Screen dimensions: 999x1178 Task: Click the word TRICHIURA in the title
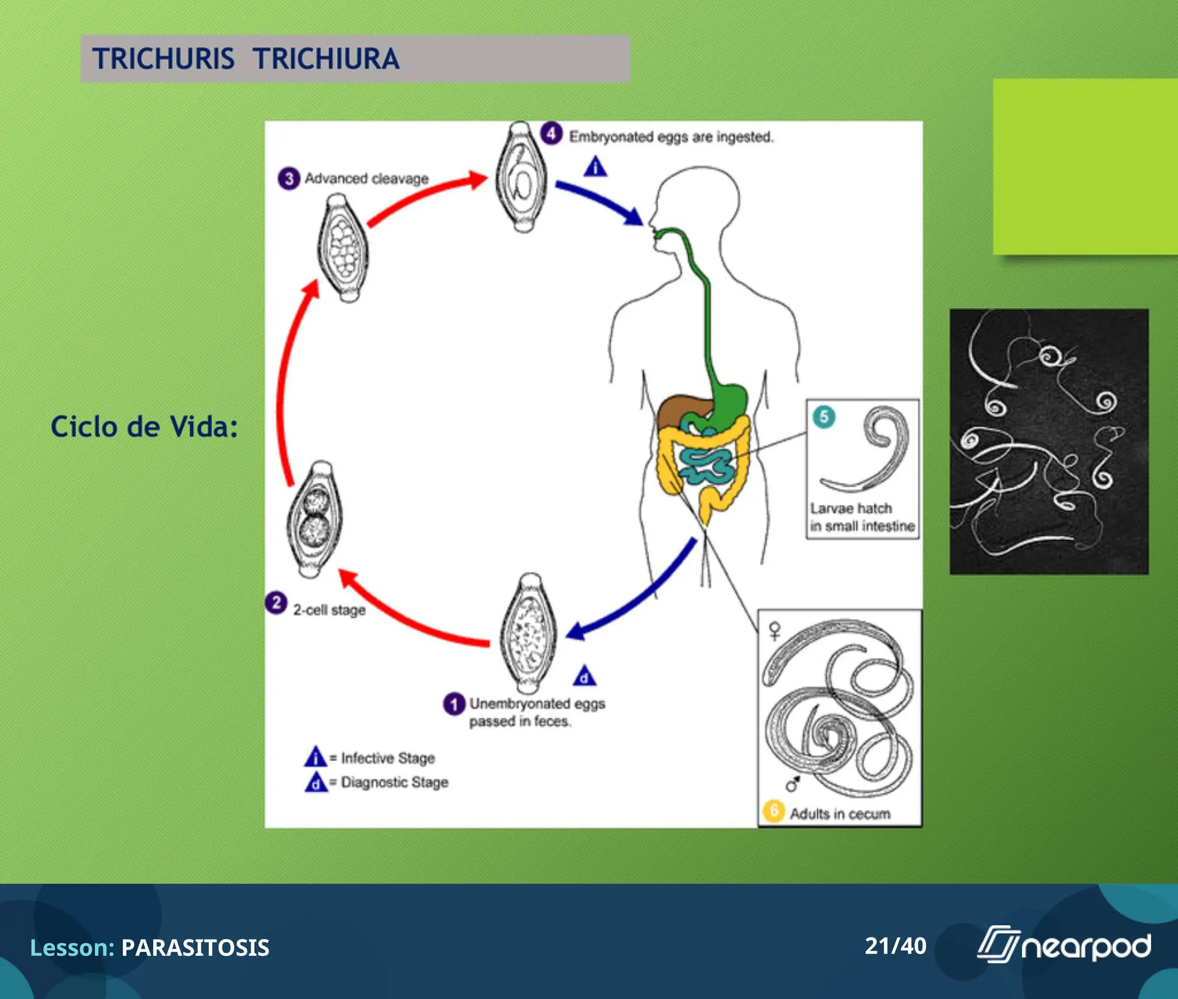tap(326, 59)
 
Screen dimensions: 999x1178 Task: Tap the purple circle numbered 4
tap(551, 134)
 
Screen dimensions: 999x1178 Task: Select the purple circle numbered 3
tap(289, 178)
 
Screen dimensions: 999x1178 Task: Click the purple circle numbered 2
tap(276, 603)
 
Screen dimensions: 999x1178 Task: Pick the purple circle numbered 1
tap(454, 704)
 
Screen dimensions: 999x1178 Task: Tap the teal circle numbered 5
tap(824, 417)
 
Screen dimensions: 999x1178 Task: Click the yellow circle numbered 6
tap(774, 811)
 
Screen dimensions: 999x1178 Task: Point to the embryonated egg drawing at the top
tap(522, 177)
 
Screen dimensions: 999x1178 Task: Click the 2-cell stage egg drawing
tap(315, 520)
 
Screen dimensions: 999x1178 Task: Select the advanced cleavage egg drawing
tap(343, 247)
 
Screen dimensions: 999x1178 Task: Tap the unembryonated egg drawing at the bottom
tap(529, 633)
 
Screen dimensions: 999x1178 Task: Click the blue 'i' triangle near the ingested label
tap(595, 167)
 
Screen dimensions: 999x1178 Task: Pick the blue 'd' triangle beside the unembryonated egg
tap(584, 677)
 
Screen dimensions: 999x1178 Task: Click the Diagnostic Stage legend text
tap(394, 782)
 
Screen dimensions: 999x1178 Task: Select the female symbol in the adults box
tap(775, 631)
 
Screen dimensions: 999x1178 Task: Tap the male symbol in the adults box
tap(793, 784)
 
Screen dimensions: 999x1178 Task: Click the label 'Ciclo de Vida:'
tap(144, 427)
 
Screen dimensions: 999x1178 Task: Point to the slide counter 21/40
tap(895, 946)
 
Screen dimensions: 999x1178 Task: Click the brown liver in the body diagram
tap(679, 409)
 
